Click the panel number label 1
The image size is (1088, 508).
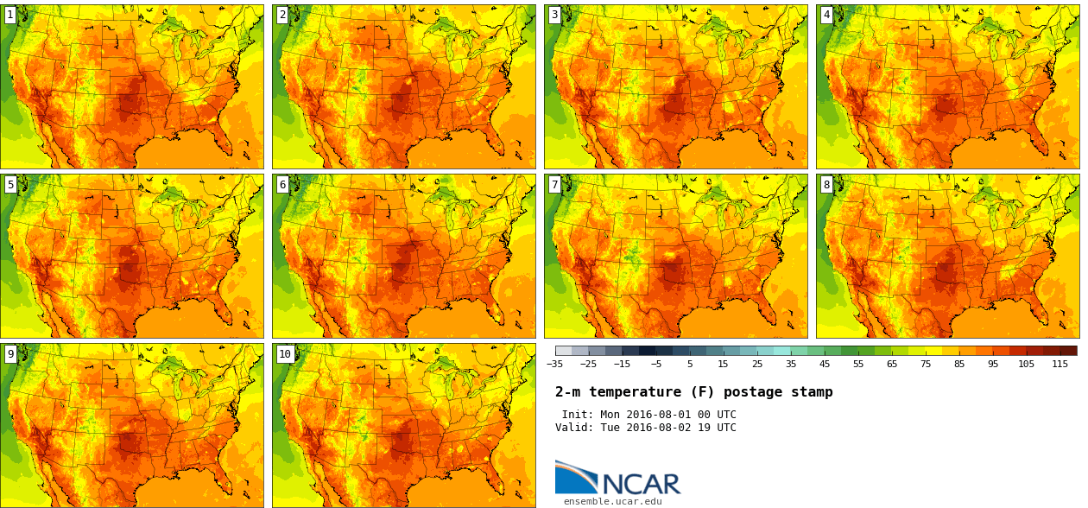(10, 15)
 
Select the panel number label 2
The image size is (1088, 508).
(282, 15)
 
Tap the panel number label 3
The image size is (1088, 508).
(554, 15)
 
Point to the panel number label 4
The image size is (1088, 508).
(826, 15)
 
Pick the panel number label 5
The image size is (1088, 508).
(10, 184)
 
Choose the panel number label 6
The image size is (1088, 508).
(282, 184)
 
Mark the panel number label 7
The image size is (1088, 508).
(554, 184)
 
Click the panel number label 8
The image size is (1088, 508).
(826, 184)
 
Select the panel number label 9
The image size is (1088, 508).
(10, 353)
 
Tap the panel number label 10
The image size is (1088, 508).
(285, 353)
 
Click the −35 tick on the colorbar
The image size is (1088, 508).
(555, 364)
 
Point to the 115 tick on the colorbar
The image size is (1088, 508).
(1060, 364)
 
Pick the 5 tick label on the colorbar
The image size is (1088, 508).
(689, 364)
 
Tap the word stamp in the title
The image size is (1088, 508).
(812, 392)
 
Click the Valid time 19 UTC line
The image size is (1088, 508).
(646, 428)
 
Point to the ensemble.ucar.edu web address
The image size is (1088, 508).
(612, 501)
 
